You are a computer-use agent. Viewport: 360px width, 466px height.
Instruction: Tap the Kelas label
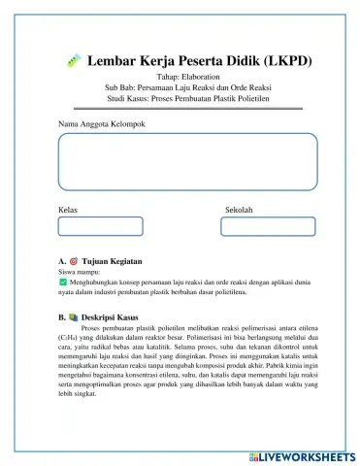coord(68,210)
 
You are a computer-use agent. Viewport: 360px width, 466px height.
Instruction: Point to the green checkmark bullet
coord(63,283)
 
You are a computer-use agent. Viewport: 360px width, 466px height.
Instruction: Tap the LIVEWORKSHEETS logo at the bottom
coord(303,453)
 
